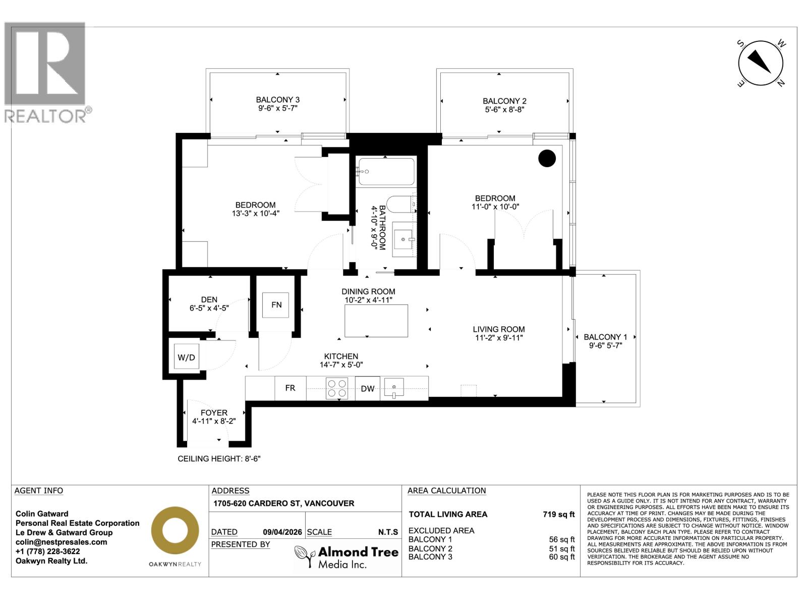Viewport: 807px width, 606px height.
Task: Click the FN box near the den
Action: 276,305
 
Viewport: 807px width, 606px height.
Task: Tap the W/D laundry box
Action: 186,358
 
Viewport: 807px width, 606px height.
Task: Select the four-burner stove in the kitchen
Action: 337,388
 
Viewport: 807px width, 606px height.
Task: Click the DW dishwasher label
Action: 368,388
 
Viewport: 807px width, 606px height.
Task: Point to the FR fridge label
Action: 290,388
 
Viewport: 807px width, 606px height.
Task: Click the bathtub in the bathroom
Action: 386,172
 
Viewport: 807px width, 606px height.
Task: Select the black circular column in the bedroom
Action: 547,159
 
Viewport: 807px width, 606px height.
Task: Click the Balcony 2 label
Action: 504,101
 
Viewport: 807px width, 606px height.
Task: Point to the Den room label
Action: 209,299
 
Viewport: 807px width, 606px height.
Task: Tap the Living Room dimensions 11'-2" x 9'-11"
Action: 499,338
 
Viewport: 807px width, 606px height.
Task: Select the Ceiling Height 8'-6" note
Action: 219,459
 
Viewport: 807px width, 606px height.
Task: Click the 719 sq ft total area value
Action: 558,515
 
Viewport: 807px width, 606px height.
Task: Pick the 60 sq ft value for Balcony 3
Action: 561,557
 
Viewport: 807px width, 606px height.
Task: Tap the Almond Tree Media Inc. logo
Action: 347,557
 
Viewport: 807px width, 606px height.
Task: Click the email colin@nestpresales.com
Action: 62,542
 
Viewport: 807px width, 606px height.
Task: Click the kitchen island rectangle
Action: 376,321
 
